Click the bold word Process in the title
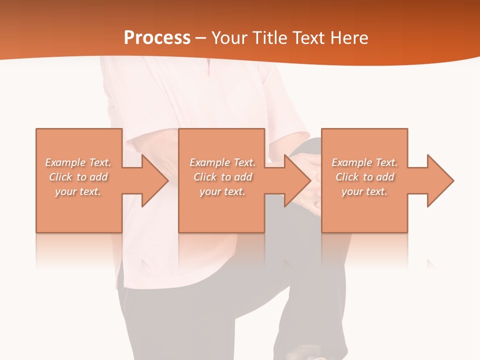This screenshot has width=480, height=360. (x=157, y=38)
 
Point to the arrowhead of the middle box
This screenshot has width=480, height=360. (x=297, y=180)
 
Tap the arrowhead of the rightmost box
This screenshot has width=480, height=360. (x=439, y=180)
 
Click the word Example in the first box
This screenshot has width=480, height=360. (x=65, y=162)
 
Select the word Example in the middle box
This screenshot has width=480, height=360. (x=209, y=162)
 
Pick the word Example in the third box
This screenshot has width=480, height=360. (x=351, y=162)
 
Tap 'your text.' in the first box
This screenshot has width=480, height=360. (x=77, y=191)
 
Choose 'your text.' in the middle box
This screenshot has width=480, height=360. (x=222, y=191)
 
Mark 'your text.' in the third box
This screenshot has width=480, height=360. (x=364, y=191)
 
